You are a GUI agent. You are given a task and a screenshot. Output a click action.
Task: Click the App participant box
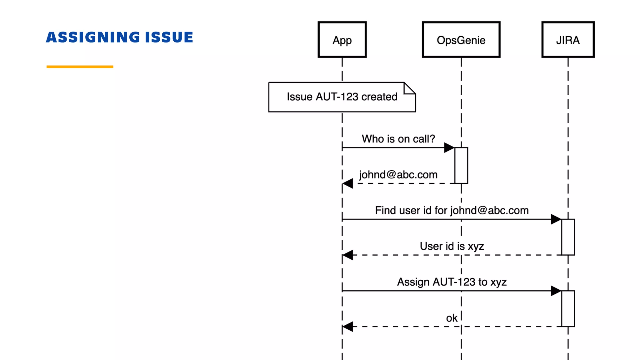(342, 40)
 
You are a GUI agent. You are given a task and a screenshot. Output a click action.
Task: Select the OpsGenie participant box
(461, 40)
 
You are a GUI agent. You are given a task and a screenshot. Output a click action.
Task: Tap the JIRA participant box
(568, 40)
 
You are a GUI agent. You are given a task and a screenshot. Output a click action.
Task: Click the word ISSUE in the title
(169, 37)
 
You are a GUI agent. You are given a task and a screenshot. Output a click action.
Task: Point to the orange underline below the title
(80, 67)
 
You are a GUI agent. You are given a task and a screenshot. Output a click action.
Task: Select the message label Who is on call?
(398, 139)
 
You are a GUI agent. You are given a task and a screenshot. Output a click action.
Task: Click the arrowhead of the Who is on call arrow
(449, 147)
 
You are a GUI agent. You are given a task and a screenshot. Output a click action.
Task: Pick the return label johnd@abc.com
(398, 175)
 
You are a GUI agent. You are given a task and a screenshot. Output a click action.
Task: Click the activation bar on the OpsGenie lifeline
(461, 165)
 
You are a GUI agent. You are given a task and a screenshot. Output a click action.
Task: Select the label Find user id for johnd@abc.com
(452, 210)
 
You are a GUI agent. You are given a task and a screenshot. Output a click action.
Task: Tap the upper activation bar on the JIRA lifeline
(568, 237)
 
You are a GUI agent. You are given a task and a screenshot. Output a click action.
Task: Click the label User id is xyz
(452, 246)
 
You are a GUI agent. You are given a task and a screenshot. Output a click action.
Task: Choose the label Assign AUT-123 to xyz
(452, 282)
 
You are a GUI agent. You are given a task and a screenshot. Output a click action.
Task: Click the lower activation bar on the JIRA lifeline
(568, 308)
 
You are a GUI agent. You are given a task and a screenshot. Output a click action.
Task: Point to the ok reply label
(452, 318)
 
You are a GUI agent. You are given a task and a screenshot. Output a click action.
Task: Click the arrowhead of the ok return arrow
(348, 327)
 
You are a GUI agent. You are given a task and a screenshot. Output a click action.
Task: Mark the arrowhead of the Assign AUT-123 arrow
(556, 291)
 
